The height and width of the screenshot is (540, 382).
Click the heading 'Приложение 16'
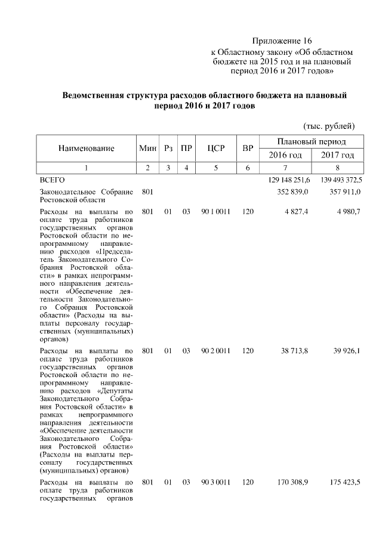(x=282, y=41)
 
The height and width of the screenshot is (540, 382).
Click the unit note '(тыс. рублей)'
(x=329, y=125)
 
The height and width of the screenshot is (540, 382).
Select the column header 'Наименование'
(x=86, y=148)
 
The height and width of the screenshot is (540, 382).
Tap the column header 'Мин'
(x=147, y=148)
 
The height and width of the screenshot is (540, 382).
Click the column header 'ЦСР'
(x=215, y=148)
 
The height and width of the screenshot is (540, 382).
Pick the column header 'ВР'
(x=248, y=148)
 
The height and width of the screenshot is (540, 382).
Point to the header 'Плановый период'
(x=312, y=141)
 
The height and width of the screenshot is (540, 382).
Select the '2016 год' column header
(x=285, y=155)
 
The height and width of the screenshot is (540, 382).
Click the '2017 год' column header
(x=337, y=155)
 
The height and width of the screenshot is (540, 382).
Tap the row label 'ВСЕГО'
(x=51, y=180)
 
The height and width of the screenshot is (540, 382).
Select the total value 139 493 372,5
(x=337, y=180)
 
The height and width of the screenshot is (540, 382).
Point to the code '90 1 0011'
(x=215, y=211)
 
